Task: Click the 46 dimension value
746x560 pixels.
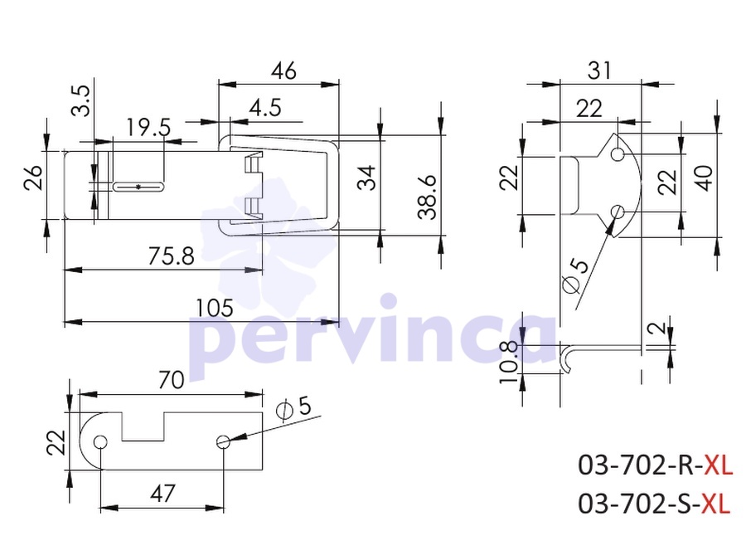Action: [284, 71]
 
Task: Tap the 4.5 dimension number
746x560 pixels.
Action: [265, 108]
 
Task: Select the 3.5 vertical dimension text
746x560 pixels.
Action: [81, 100]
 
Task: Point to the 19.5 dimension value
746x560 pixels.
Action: [148, 128]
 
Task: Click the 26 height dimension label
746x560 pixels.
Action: [34, 178]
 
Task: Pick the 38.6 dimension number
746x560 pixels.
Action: [427, 197]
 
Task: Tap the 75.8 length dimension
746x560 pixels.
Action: [172, 256]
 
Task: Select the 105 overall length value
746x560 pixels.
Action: [215, 308]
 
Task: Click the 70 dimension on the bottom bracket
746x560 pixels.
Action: [172, 380]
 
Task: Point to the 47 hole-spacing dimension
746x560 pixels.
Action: [162, 494]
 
